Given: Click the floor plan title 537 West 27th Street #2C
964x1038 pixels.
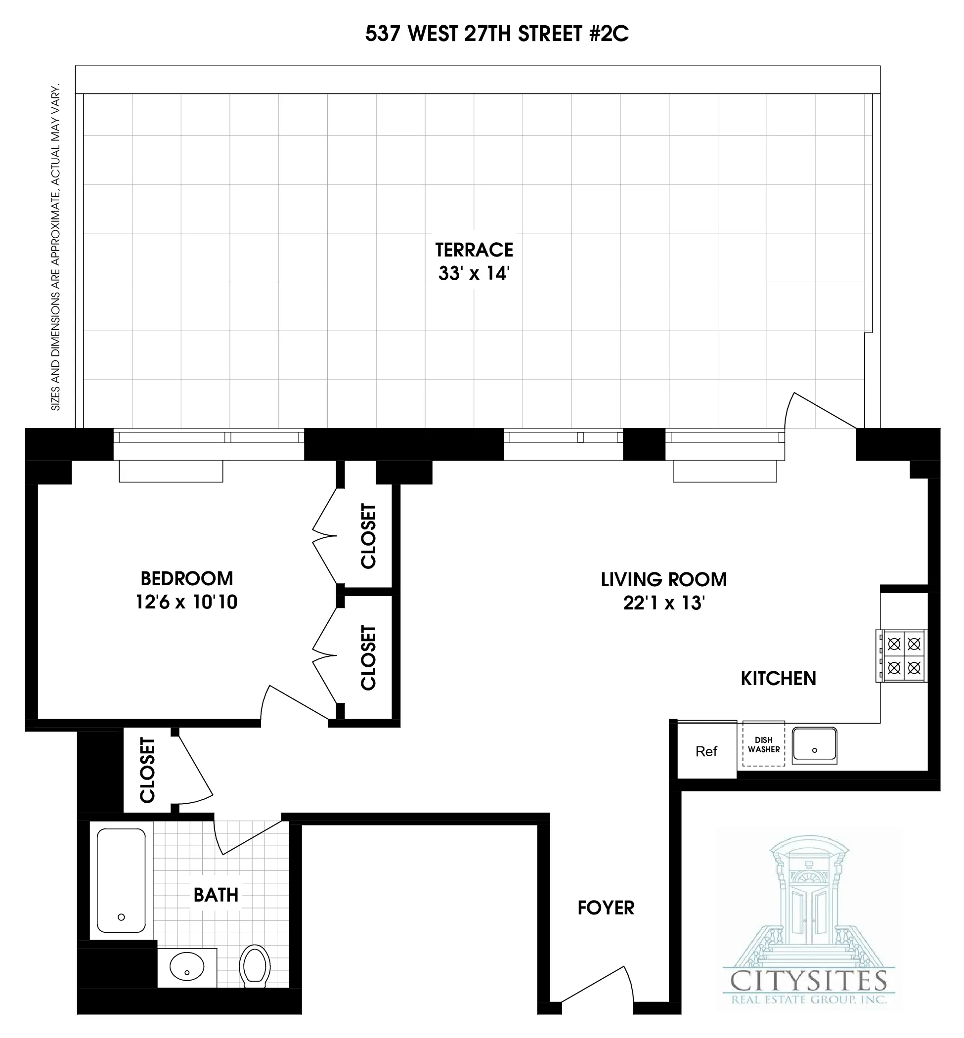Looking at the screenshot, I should [x=497, y=34].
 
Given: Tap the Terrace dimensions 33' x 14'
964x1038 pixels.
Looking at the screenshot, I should [x=473, y=273].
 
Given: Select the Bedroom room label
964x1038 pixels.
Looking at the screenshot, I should [x=187, y=578].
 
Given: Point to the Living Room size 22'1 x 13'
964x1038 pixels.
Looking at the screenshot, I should [x=663, y=603].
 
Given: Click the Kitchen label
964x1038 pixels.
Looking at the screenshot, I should [x=778, y=678].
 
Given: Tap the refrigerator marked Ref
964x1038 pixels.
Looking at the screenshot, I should [x=706, y=751].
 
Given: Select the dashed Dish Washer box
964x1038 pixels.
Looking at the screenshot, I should [x=764, y=744].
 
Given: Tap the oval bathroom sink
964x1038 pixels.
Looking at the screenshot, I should [x=187, y=966].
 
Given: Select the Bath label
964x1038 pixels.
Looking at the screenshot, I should [x=216, y=895].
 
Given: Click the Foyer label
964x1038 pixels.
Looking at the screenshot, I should [x=606, y=908].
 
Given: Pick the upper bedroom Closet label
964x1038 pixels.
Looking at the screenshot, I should [x=368, y=536].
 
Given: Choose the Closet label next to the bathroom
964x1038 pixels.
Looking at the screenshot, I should [x=148, y=770].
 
